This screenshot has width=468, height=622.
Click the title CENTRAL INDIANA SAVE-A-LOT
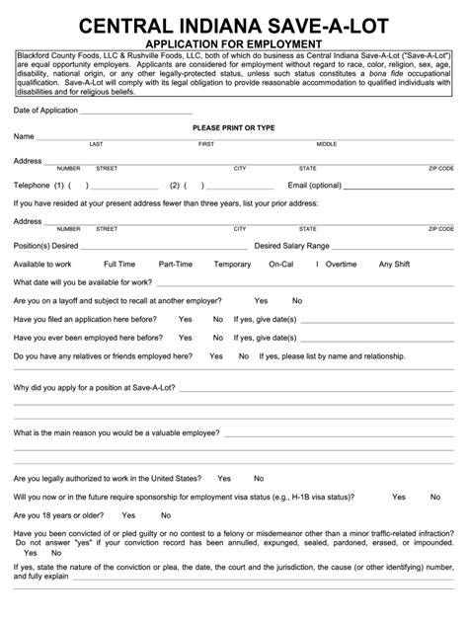pyautogui.click(x=234, y=24)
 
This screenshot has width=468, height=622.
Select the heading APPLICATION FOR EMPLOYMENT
pyautogui.click(x=234, y=44)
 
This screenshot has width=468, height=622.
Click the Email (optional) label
pyautogui.click(x=314, y=185)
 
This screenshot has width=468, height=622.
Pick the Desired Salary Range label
pyautogui.click(x=292, y=244)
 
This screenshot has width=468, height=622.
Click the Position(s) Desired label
pyautogui.click(x=46, y=244)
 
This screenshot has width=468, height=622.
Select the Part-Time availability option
pyautogui.click(x=176, y=264)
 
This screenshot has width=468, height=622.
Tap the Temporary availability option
pyautogui.click(x=233, y=264)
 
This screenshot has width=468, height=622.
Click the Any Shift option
pyautogui.click(x=395, y=264)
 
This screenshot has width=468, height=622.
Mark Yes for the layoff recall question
pyautogui.click(x=261, y=300)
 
